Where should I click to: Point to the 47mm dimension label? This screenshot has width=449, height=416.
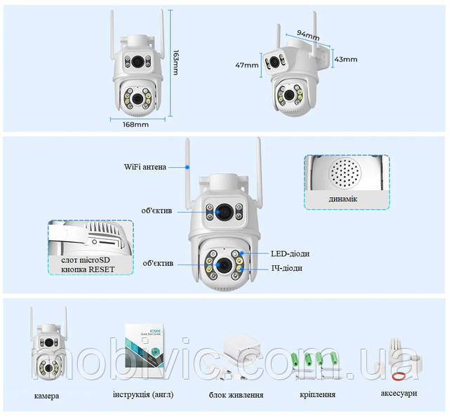tap(248, 65)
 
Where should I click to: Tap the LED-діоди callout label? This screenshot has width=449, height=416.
tap(290, 253)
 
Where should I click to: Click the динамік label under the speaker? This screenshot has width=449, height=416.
tap(343, 199)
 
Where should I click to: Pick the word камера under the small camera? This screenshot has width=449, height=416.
tap(46, 396)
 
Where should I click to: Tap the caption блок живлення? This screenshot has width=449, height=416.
tap(236, 394)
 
